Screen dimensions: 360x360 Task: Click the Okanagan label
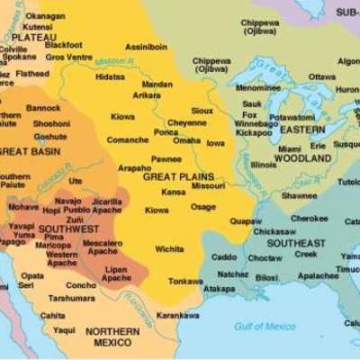(x=44, y=16)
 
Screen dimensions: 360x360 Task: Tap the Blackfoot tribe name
(x=63, y=44)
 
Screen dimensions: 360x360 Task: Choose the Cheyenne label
(x=186, y=122)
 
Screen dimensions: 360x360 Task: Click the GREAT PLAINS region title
(x=176, y=176)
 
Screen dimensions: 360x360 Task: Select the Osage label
(x=202, y=207)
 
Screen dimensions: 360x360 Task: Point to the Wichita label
(x=169, y=249)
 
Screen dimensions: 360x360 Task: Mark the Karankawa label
(x=177, y=316)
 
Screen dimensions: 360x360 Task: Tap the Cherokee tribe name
(x=309, y=218)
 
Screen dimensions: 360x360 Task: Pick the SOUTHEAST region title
(x=296, y=244)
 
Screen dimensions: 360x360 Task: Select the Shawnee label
(x=299, y=195)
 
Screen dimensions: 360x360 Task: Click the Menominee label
(x=257, y=87)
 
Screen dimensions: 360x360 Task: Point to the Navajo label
(x=68, y=201)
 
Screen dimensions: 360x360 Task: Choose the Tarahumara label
(x=71, y=298)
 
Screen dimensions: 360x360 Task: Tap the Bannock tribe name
(x=43, y=108)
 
